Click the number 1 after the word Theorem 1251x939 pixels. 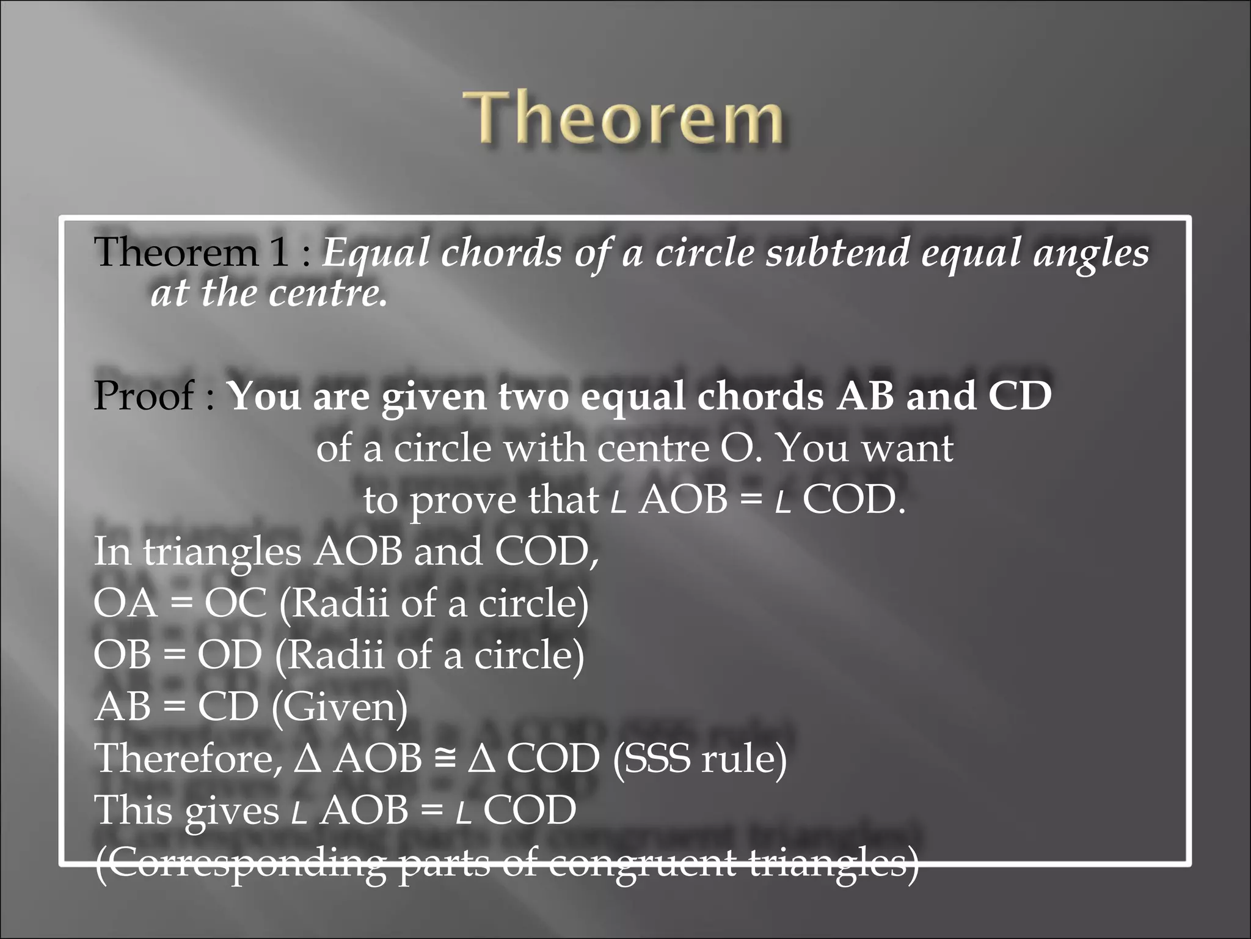click(279, 252)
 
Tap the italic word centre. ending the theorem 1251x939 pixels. click(328, 293)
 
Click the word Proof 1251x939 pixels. click(144, 396)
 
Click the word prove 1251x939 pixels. click(464, 501)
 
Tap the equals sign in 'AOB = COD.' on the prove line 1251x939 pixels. click(751, 501)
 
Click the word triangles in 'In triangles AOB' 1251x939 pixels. click(222, 552)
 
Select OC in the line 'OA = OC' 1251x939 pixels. click(235, 603)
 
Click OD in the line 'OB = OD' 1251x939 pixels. click(229, 655)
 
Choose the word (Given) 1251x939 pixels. click(339, 707)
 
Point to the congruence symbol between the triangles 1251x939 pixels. click(445, 759)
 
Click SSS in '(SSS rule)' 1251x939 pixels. click(660, 759)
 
